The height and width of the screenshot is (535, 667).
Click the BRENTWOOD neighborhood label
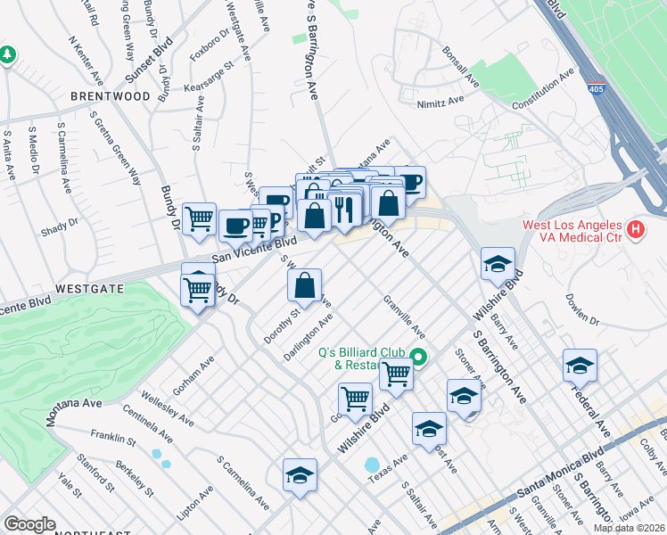(111, 95)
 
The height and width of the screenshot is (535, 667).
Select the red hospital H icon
(635, 230)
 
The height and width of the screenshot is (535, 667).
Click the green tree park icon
(7, 55)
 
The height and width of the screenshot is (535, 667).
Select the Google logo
(29, 523)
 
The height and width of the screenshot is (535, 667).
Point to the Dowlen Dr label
(584, 309)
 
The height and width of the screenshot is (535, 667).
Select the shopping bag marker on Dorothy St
(305, 286)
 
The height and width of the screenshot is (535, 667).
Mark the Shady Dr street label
(59, 226)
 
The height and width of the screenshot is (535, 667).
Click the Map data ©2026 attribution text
(629, 528)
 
